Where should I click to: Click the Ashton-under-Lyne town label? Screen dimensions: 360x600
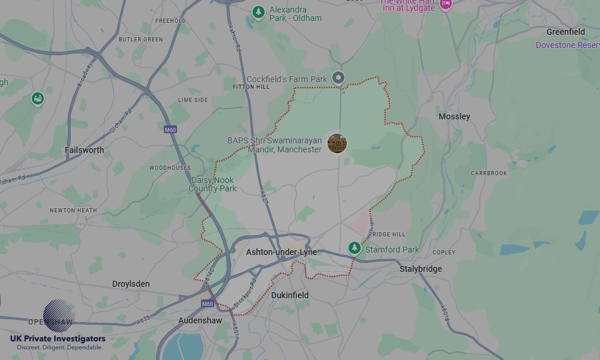pyautogui.click(x=281, y=253)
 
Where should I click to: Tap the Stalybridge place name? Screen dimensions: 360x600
pyautogui.click(x=421, y=269)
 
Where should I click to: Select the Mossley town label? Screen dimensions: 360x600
pyautogui.click(x=454, y=116)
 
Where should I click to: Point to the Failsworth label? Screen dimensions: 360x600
pyautogui.click(x=85, y=150)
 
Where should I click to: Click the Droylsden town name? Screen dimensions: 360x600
pyautogui.click(x=131, y=284)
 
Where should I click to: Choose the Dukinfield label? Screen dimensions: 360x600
pyautogui.click(x=290, y=295)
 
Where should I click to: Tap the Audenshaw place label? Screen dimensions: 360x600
pyautogui.click(x=200, y=320)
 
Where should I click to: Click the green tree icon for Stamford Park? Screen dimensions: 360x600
pyautogui.click(x=355, y=248)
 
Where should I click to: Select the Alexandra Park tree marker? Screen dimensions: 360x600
pyautogui.click(x=259, y=11)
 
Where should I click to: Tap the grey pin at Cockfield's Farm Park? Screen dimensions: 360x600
pyautogui.click(x=339, y=77)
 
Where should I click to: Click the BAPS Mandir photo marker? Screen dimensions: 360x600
pyautogui.click(x=337, y=143)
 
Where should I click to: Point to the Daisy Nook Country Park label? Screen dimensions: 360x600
pyautogui.click(x=212, y=184)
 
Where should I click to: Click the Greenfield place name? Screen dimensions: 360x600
pyautogui.click(x=565, y=32)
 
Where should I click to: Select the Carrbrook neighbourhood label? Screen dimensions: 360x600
pyautogui.click(x=489, y=173)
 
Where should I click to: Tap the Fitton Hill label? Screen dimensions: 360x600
pyautogui.click(x=251, y=87)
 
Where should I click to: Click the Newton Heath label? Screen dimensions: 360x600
pyautogui.click(x=73, y=211)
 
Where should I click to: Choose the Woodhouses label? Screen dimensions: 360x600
pyautogui.click(x=170, y=168)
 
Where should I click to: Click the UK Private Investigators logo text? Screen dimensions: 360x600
pyautogui.click(x=58, y=338)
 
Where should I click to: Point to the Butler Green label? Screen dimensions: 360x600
pyautogui.click(x=140, y=40)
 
